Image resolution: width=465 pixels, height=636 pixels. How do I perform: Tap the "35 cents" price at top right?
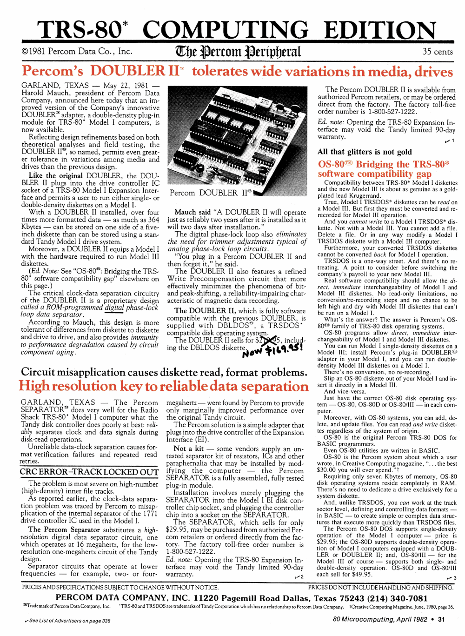point(437,52)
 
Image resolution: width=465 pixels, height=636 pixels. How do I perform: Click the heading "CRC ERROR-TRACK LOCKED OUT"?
point(89,472)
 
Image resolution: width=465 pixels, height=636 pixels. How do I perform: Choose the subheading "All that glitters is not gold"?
point(365,152)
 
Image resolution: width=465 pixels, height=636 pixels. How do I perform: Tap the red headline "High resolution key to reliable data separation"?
point(164,386)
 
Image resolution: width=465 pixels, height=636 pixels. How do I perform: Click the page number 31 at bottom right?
point(441,619)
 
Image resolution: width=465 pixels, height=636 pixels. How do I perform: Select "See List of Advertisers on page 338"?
point(67,621)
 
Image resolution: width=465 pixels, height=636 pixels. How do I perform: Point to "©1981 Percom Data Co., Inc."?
point(77,52)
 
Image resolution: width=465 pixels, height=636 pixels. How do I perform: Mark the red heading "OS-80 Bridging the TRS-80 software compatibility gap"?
point(384,169)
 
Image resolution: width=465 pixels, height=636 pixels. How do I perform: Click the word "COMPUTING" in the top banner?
point(226,30)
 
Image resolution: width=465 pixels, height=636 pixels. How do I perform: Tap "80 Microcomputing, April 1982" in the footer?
point(380,619)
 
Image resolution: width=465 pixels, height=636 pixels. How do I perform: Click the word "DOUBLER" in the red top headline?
point(128,71)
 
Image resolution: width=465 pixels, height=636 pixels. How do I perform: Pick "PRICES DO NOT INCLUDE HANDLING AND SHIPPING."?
point(380,588)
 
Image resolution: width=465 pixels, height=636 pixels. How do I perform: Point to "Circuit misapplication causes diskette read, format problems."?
point(164,372)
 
